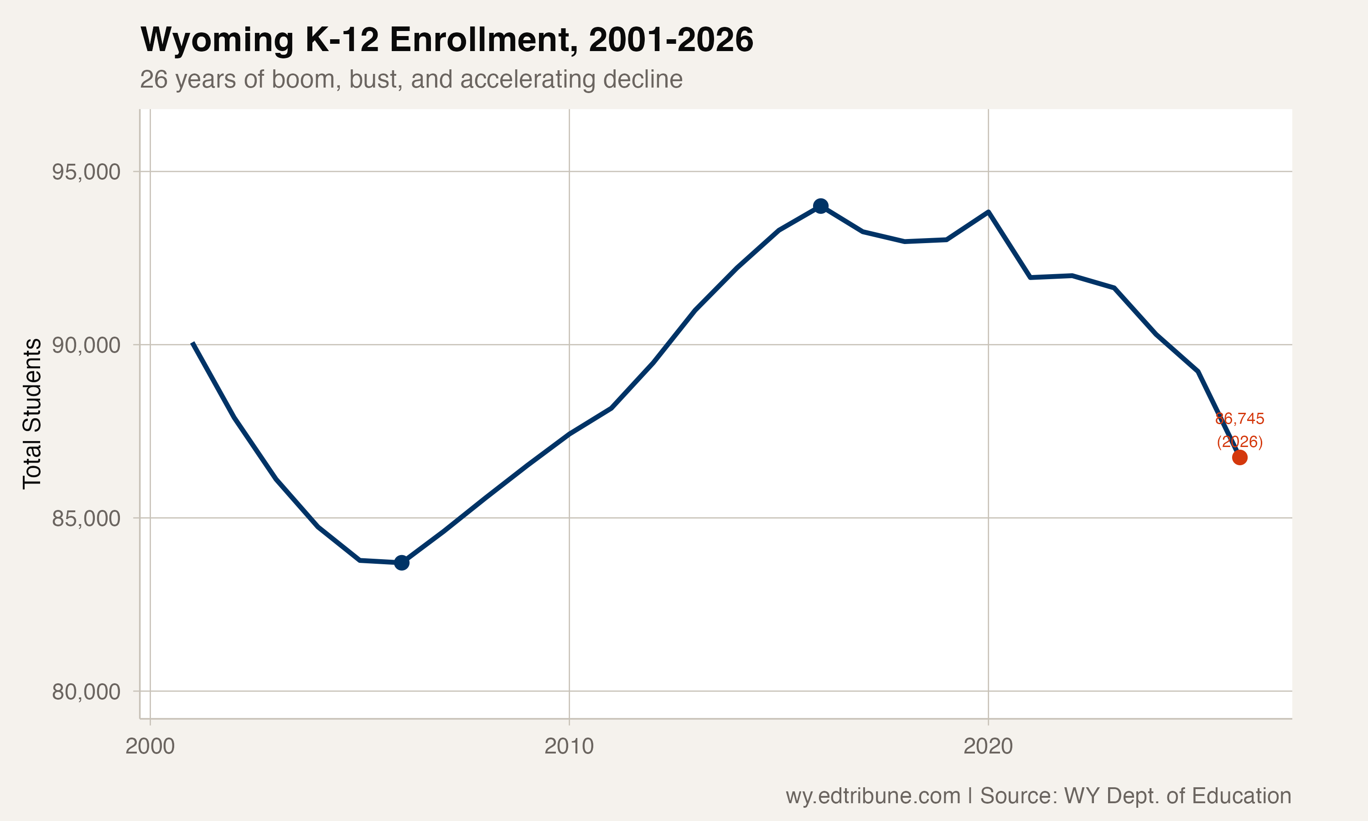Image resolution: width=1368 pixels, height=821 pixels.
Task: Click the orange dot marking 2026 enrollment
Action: (x=1240, y=457)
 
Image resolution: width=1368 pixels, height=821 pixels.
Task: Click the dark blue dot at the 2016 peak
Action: (x=821, y=206)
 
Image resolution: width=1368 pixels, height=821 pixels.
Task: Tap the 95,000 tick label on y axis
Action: (x=86, y=172)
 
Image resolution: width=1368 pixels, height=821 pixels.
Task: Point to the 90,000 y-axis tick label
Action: (x=86, y=345)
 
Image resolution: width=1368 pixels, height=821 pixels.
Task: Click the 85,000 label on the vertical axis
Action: (x=86, y=519)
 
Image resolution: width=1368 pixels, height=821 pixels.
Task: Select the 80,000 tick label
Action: (x=86, y=691)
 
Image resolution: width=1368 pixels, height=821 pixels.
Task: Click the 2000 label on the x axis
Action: (x=150, y=746)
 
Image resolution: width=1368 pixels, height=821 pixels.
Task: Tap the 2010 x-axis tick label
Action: (x=569, y=746)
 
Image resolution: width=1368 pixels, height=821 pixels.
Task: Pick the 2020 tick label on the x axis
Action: (x=988, y=746)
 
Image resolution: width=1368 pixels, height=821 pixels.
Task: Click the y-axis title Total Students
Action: (x=32, y=413)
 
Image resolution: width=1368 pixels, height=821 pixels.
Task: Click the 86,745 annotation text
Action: (x=1240, y=419)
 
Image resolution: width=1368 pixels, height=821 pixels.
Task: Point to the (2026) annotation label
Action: (x=1240, y=442)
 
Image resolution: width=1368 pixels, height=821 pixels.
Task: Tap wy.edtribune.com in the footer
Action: (x=873, y=795)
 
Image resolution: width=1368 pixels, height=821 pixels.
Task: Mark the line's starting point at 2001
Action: (x=192, y=343)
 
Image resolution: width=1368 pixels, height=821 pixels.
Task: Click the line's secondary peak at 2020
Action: (x=988, y=212)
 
